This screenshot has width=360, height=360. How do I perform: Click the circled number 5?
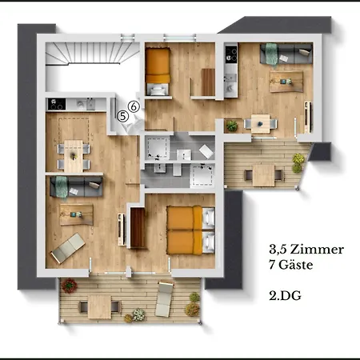click(122, 116)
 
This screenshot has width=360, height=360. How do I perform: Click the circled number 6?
click(134, 106)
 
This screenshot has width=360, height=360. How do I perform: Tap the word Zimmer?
click(317, 250)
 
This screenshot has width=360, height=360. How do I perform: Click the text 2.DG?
click(285, 296)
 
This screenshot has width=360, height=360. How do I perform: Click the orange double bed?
click(190, 230)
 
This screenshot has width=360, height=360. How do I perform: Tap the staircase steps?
click(93, 54)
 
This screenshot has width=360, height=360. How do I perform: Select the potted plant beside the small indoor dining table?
click(232, 126)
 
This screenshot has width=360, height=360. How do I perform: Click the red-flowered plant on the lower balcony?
click(70, 286)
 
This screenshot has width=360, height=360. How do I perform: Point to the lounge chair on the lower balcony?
click(164, 299)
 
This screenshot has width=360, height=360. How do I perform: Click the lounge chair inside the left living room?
click(68, 248)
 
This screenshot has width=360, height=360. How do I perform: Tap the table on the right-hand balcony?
click(263, 175)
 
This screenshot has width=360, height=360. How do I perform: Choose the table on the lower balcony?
click(100, 306)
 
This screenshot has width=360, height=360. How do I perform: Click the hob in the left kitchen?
click(57, 104)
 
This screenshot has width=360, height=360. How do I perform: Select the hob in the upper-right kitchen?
click(231, 55)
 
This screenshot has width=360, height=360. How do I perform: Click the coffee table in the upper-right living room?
click(286, 82)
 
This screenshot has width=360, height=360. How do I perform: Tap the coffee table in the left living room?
click(77, 214)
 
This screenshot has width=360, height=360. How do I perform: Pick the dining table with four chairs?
click(74, 156)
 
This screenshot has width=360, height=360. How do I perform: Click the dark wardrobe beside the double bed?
click(138, 228)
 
